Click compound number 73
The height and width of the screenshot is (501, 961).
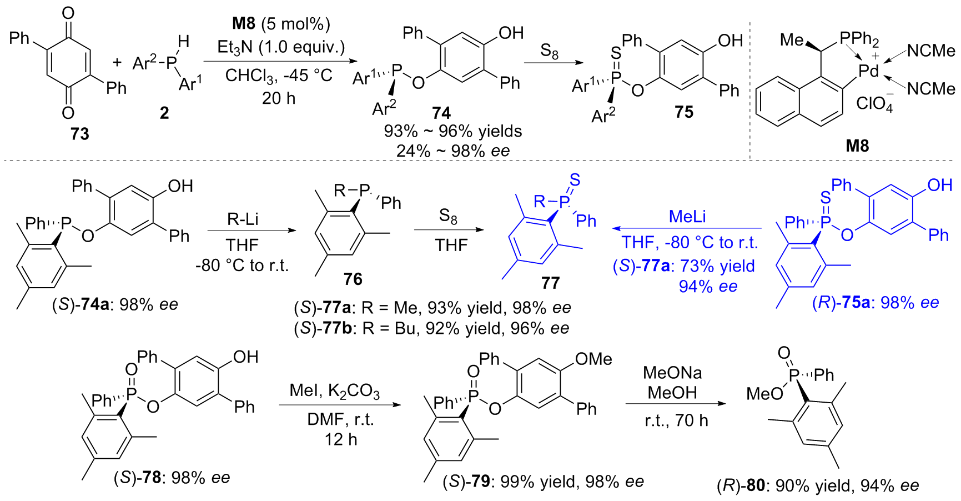(79, 134)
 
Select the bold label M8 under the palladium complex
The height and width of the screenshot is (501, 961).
(857, 146)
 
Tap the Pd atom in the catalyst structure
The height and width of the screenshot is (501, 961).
(869, 71)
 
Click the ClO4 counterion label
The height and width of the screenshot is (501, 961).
(874, 103)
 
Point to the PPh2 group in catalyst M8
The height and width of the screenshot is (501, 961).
(859, 39)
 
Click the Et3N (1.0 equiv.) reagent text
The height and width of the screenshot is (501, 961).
(281, 47)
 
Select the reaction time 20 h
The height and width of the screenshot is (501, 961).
(279, 98)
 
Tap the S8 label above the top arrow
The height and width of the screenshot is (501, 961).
(549, 52)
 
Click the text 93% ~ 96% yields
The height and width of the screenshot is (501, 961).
(453, 131)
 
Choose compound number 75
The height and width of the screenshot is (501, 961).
(684, 112)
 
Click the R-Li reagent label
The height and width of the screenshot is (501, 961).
(243, 219)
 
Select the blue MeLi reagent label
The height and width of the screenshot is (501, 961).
(687, 216)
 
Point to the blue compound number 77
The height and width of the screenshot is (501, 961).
(550, 283)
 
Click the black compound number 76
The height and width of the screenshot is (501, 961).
(353, 279)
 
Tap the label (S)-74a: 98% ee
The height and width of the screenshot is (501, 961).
(115, 304)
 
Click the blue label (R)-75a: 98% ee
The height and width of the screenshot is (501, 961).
(876, 303)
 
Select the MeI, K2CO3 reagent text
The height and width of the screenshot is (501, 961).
(335, 390)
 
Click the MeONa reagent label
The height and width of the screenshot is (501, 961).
(672, 372)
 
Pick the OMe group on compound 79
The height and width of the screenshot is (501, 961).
(593, 359)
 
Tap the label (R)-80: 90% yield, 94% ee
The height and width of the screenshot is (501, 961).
(818, 486)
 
